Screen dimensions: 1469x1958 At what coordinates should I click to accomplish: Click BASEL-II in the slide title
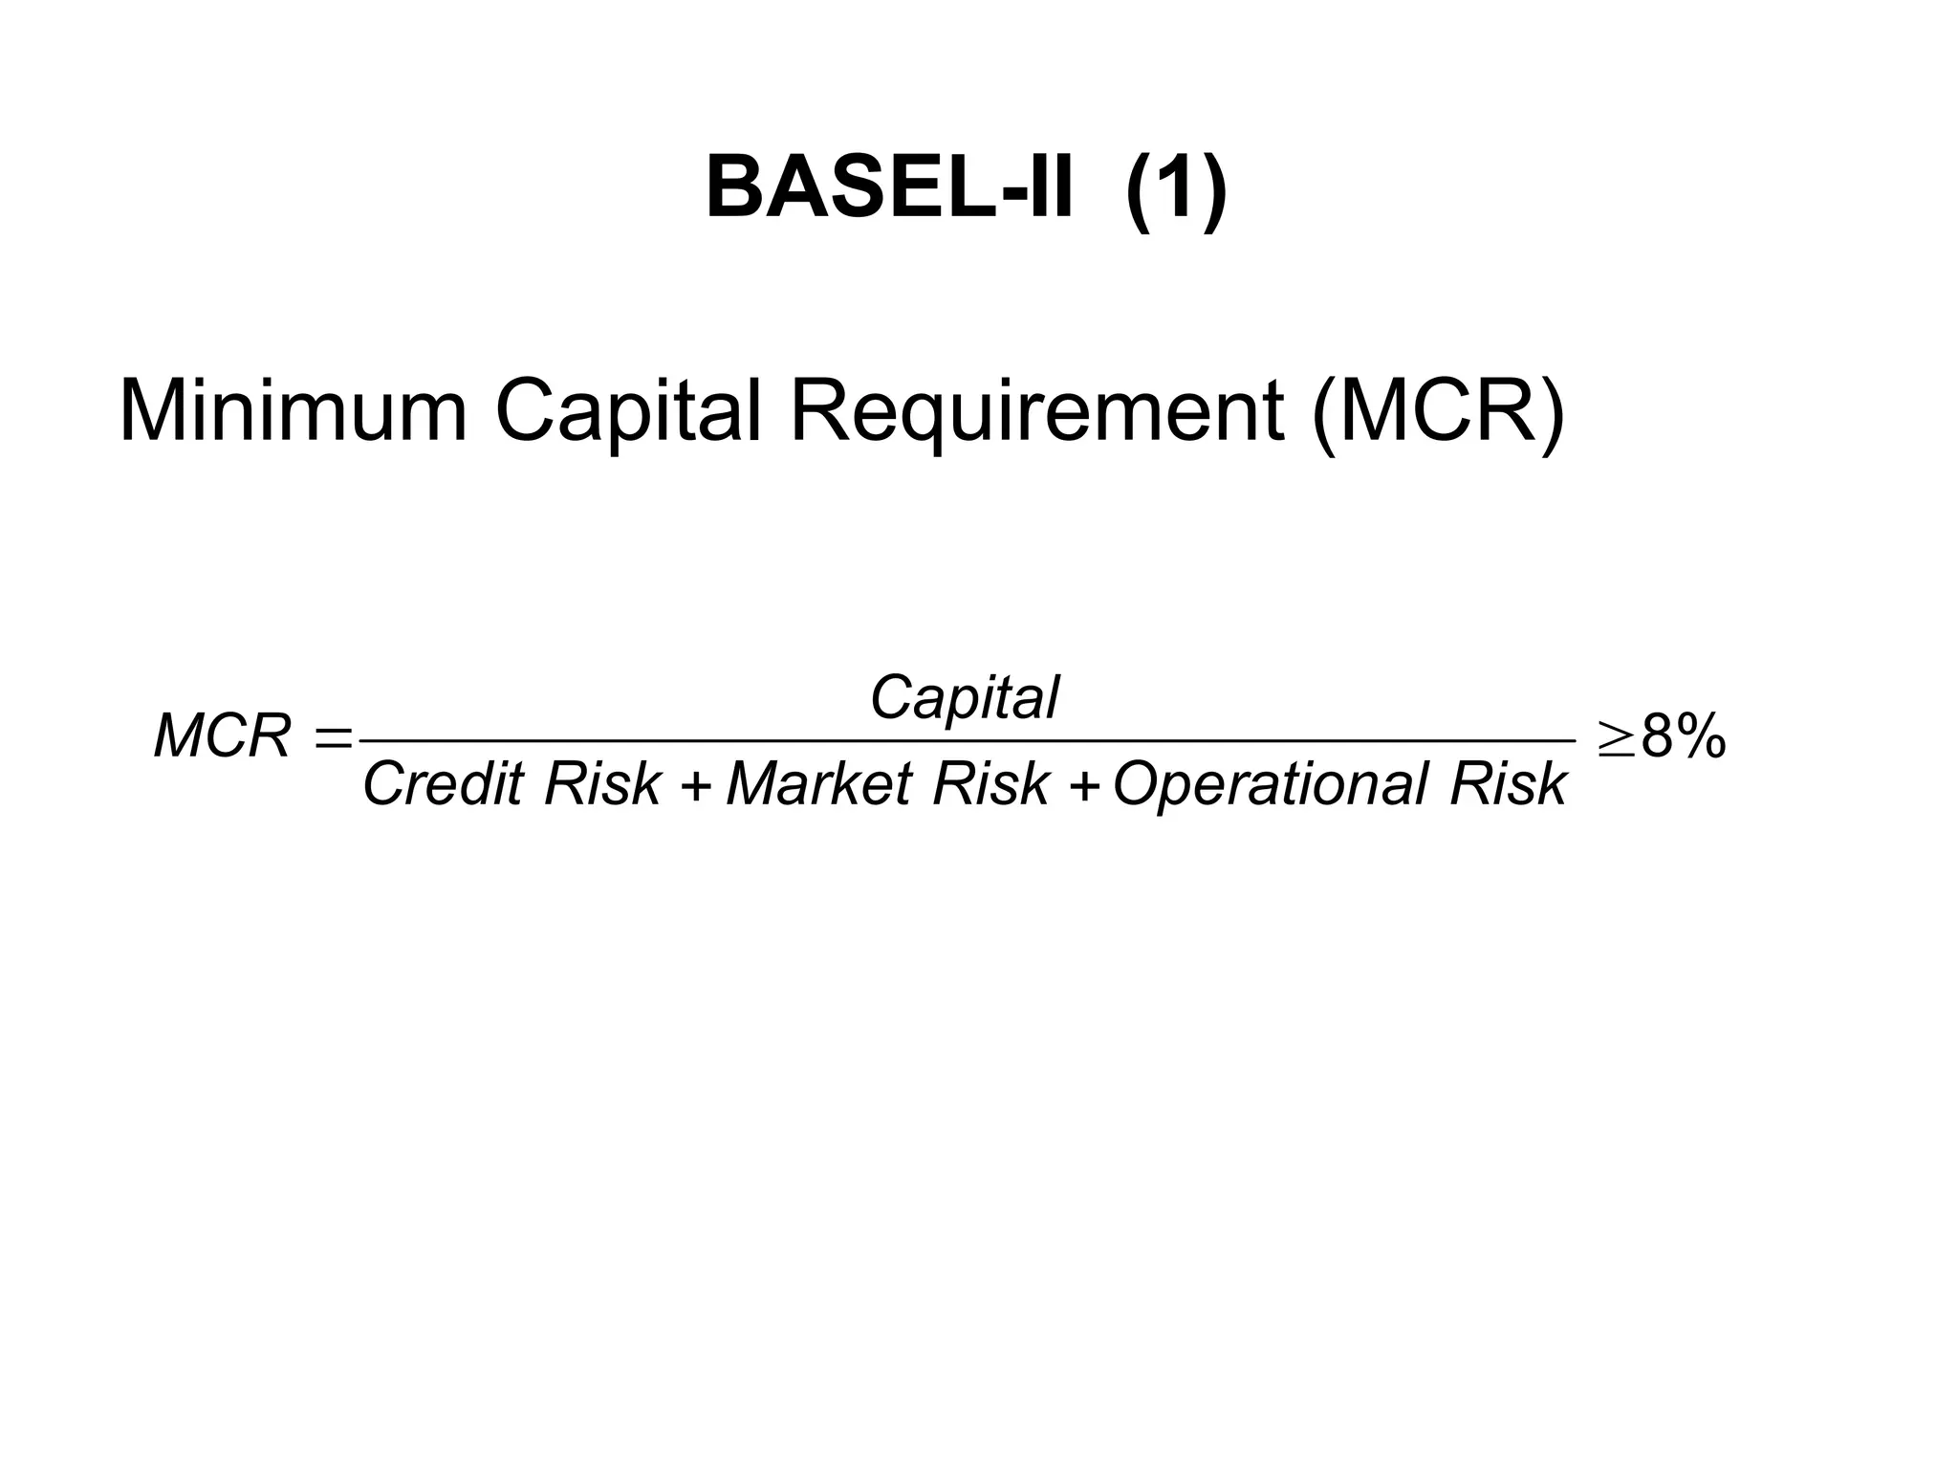(889, 189)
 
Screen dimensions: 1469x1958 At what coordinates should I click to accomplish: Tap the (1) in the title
(1176, 189)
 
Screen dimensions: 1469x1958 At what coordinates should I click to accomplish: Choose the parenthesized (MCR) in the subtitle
(1439, 413)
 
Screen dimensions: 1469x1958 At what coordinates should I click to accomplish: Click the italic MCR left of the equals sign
(222, 737)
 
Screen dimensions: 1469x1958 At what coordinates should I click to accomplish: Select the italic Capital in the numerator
(964, 697)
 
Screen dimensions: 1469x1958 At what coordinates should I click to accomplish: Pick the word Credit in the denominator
(444, 784)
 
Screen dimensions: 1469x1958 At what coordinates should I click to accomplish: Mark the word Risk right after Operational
(1508, 784)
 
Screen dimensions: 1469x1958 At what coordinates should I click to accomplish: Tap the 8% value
(1683, 738)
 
